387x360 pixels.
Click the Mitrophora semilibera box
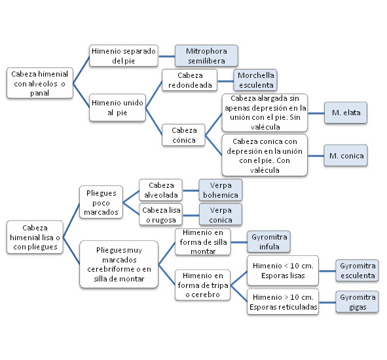click(206, 55)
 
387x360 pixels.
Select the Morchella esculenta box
click(256, 79)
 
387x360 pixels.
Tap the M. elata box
click(346, 113)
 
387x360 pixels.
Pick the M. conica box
click(346, 156)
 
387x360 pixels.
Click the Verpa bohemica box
click(220, 190)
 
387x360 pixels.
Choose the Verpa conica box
click(220, 215)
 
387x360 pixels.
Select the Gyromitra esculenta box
click(357, 270)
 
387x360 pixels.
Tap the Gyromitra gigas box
click(357, 302)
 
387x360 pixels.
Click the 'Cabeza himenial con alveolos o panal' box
click(39, 83)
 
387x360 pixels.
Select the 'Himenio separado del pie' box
click(123, 55)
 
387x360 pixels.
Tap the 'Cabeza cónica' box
click(184, 135)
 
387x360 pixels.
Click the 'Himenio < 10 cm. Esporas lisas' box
click(282, 270)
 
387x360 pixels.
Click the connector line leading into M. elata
click(317, 113)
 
